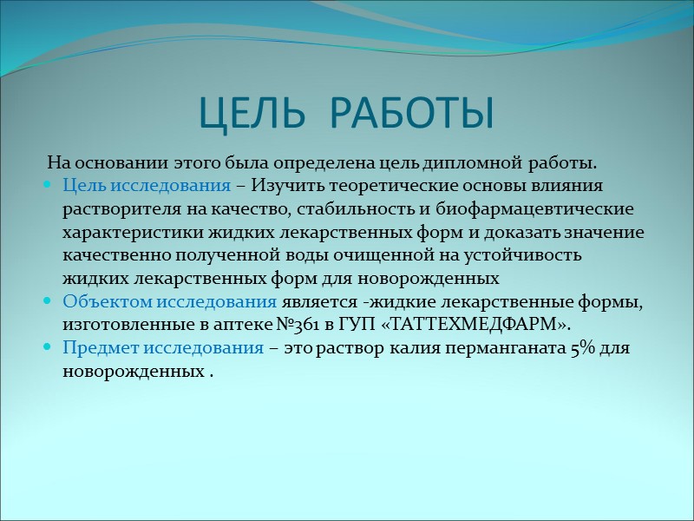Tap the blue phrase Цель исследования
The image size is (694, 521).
point(147,185)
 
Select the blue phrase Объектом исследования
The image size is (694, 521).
point(170,301)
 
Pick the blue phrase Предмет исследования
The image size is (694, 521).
point(163,348)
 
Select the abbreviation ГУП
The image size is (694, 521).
point(366,325)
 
